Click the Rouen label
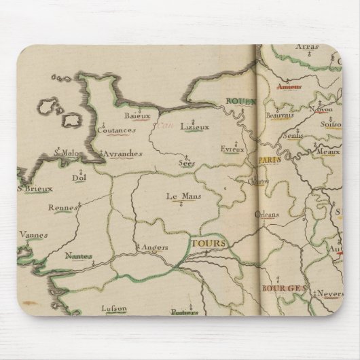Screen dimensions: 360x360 pyautogui.click(x=239, y=103)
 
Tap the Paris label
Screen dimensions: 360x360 pyautogui.click(x=269, y=160)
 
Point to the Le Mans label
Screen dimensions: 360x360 pyautogui.click(x=180, y=196)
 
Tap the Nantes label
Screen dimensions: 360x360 pyautogui.click(x=79, y=255)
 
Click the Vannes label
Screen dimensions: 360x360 pyautogui.click(x=33, y=235)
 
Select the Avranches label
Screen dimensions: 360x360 pyautogui.click(x=122, y=154)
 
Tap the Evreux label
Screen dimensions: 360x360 pyautogui.click(x=232, y=149)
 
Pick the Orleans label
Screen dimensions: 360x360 pyautogui.click(x=266, y=215)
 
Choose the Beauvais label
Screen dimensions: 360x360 pyautogui.click(x=280, y=115)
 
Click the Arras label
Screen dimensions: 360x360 pyautogui.click(x=307, y=48)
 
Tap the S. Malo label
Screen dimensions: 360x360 pyautogui.click(x=67, y=154)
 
